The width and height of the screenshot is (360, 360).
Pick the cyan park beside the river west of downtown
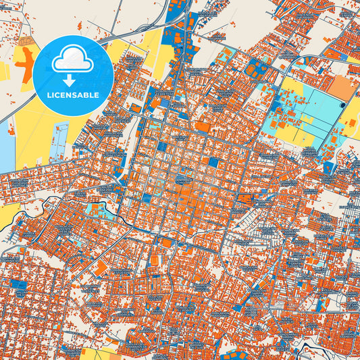click(x=101, y=211)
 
